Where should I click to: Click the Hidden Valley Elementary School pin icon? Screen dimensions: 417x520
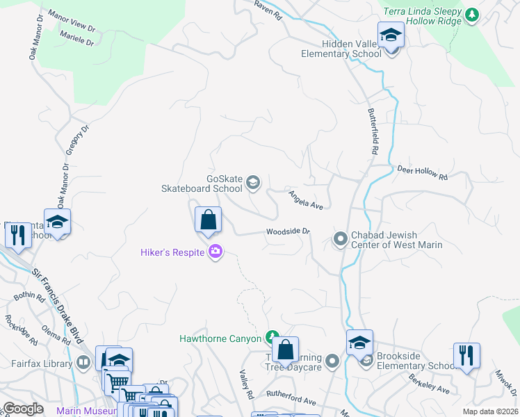click(x=391, y=35)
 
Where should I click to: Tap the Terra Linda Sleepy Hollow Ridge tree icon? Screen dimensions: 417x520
click(x=472, y=14)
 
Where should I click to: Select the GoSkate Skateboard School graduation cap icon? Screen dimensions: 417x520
click(x=253, y=183)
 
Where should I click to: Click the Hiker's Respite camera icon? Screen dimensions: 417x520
click(x=216, y=252)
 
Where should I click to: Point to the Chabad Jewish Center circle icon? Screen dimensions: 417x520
click(x=341, y=240)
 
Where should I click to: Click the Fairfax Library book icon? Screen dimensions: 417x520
click(x=83, y=362)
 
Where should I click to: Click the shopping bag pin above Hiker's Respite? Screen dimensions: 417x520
click(x=208, y=221)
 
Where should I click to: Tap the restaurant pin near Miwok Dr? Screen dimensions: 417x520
click(x=466, y=355)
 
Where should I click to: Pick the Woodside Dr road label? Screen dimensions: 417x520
click(x=287, y=233)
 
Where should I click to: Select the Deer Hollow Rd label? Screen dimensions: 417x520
click(x=422, y=173)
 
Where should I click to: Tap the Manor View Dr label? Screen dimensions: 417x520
click(x=69, y=21)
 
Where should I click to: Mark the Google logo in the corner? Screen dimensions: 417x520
click(x=23, y=408)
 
